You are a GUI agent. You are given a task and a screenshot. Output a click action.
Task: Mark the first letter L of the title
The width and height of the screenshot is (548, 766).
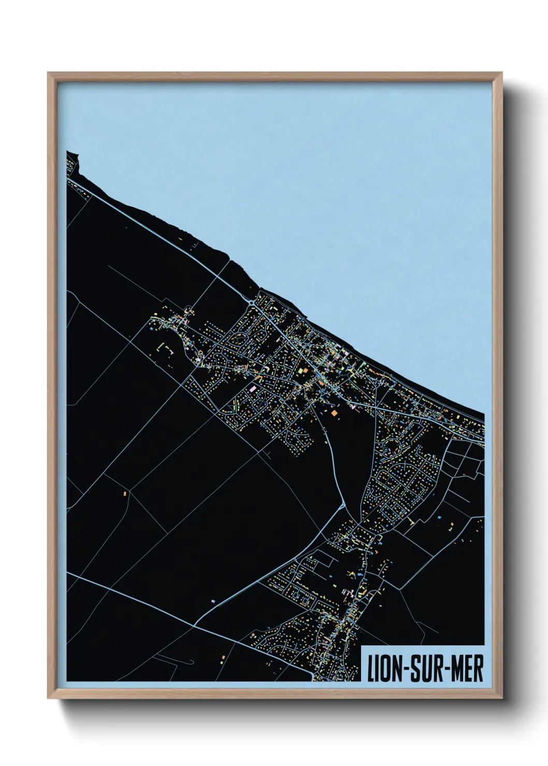(x=370, y=669)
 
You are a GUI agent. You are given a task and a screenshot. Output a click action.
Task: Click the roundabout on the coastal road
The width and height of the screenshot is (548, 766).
(x=252, y=302)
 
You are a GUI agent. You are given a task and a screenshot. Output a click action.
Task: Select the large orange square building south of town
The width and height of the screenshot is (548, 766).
(x=334, y=413)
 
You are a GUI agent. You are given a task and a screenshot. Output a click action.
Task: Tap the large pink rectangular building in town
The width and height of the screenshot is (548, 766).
(x=253, y=388)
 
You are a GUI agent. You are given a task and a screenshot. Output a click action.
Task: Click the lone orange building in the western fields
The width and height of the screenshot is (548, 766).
(x=125, y=493)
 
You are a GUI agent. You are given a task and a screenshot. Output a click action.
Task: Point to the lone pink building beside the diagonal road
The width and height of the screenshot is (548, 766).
(x=212, y=600)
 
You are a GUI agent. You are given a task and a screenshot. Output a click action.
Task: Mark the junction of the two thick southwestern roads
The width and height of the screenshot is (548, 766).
(x=194, y=625)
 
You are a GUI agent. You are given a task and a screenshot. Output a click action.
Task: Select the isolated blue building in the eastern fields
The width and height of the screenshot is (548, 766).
(x=439, y=517)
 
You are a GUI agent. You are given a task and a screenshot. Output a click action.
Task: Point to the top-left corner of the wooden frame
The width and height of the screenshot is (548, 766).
(x=48, y=73)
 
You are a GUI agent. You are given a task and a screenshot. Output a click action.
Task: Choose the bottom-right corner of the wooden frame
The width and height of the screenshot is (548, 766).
(x=502, y=698)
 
